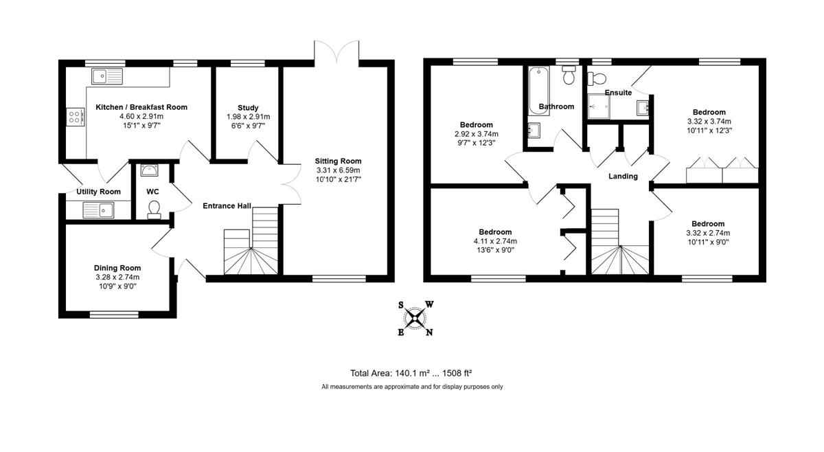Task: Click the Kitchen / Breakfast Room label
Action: point(141,107)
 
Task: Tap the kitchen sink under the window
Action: point(107,76)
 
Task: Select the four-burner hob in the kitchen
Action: point(76,117)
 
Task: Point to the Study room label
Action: point(248,108)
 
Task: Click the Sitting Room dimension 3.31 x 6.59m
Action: point(338,170)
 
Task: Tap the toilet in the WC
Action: point(154,210)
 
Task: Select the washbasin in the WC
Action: point(150,170)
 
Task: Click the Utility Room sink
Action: point(98,210)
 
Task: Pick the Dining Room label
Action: point(117,268)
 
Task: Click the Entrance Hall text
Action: point(227,206)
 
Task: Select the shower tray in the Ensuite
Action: point(599,106)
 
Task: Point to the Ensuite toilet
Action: point(597,78)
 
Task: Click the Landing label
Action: point(623,177)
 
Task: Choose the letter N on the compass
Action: point(429,332)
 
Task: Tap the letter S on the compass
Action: point(401,305)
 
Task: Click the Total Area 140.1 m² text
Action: point(390,373)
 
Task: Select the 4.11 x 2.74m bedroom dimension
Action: point(495,241)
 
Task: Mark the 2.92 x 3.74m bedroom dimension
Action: point(477,134)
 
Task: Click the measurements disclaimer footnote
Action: point(412,387)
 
